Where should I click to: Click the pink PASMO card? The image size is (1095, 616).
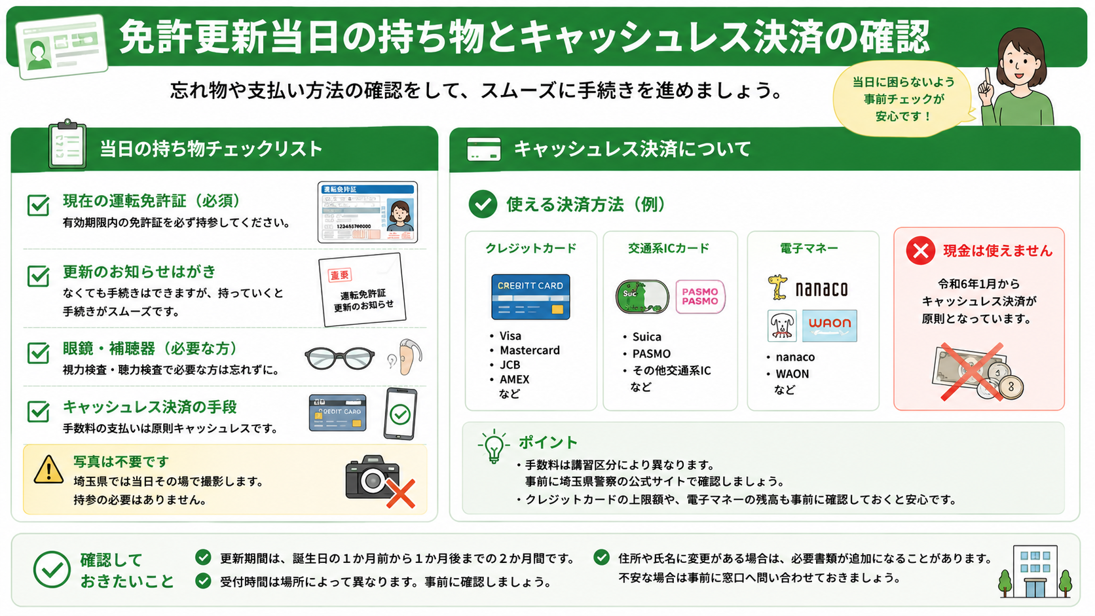(x=700, y=297)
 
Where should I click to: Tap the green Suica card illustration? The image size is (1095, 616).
(x=642, y=297)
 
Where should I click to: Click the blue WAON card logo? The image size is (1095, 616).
(x=829, y=325)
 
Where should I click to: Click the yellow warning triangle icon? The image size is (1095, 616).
(x=48, y=470)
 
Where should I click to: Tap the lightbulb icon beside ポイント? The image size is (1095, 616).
(x=494, y=446)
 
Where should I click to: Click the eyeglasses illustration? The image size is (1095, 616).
(x=340, y=358)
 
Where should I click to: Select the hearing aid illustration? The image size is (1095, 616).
(x=405, y=357)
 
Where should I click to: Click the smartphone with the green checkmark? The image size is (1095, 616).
(x=400, y=414)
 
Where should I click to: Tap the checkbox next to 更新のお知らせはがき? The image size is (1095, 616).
(x=38, y=276)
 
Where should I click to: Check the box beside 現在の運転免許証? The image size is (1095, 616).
(x=38, y=205)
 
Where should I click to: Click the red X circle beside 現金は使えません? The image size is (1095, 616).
(x=921, y=251)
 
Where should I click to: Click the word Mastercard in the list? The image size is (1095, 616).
(x=529, y=350)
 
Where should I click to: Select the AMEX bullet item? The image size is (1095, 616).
(x=510, y=379)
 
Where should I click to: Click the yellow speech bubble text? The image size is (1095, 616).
(x=903, y=99)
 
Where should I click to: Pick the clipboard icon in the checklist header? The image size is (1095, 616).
(x=67, y=145)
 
